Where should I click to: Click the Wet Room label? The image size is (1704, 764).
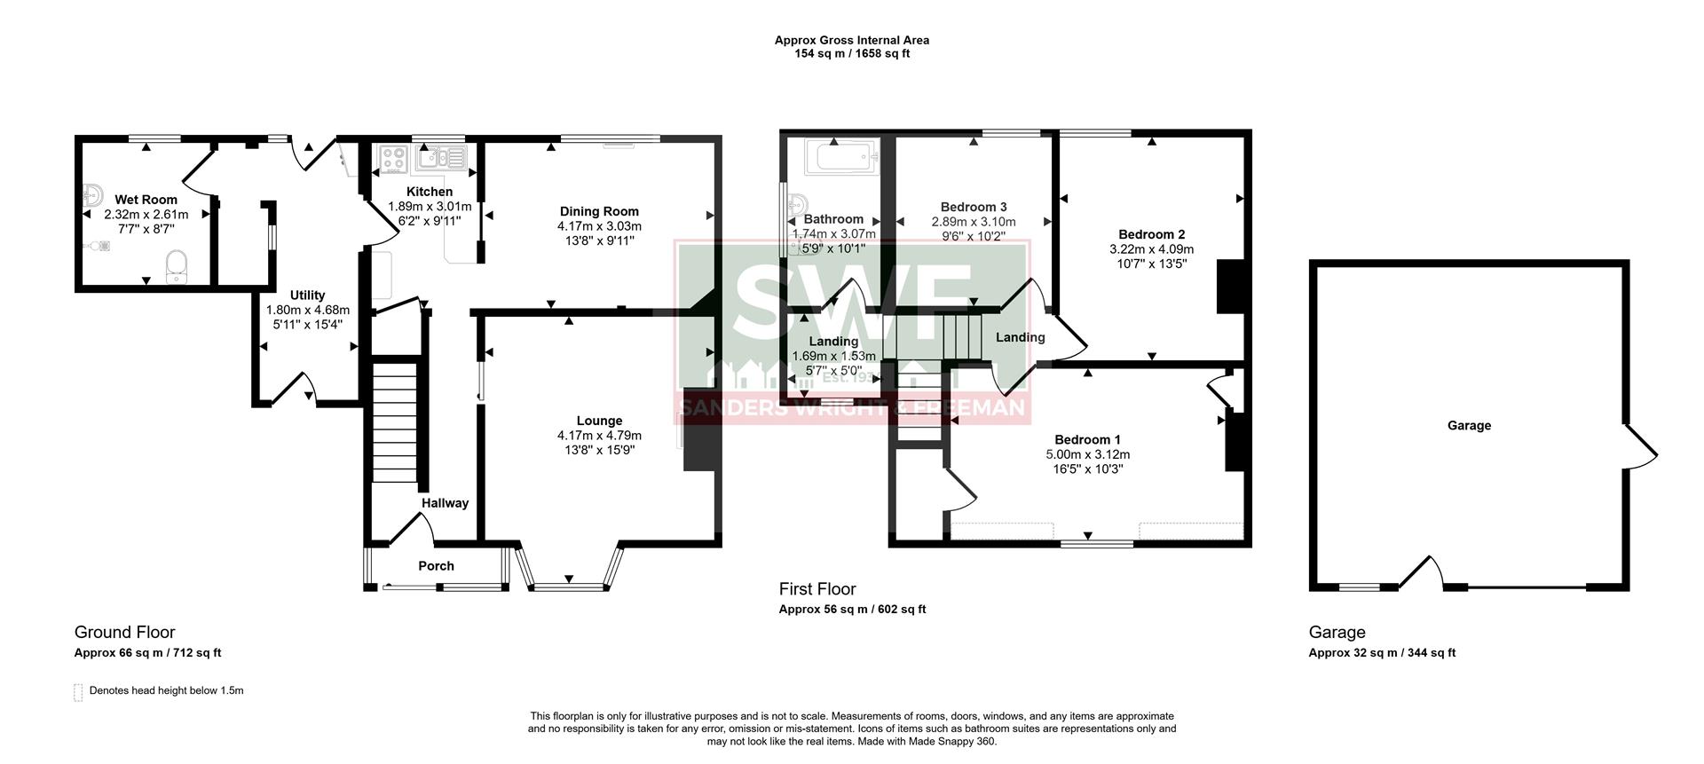point(146,200)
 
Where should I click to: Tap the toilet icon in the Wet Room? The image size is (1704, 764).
point(177,265)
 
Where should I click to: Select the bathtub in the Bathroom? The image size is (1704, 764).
point(840,161)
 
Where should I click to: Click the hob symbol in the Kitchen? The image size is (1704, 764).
point(393,160)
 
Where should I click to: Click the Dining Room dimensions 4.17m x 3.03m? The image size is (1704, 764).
point(599,226)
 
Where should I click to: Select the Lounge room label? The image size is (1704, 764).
point(599,421)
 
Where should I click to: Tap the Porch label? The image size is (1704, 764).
point(436,566)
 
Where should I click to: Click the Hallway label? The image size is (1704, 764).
point(445,503)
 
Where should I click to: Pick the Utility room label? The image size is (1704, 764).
point(307,295)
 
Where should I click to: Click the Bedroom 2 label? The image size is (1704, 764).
point(1151,234)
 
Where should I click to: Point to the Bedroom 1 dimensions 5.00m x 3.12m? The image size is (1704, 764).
point(1087,454)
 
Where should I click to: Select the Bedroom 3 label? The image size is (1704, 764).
point(974,207)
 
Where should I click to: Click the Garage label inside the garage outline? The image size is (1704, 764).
point(1469,426)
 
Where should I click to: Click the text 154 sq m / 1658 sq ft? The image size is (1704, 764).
point(851,53)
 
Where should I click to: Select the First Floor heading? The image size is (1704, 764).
point(817,589)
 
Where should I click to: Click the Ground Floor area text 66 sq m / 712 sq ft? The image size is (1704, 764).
point(147,653)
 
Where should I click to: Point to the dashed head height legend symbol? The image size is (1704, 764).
point(78,692)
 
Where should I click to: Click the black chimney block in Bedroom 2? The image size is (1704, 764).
point(1230,286)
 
